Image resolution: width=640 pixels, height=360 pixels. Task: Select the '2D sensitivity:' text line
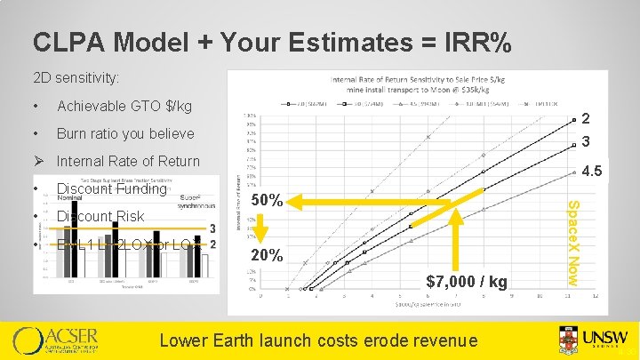pos(76,78)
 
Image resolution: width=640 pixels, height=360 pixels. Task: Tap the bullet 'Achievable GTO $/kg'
pos(124,107)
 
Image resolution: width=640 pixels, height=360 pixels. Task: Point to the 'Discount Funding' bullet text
pos(111,188)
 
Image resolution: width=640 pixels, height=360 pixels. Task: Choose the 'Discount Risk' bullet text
pos(100,216)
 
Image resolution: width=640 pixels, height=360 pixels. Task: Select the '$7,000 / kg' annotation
pos(467,282)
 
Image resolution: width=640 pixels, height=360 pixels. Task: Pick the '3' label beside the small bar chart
pos(213,228)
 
